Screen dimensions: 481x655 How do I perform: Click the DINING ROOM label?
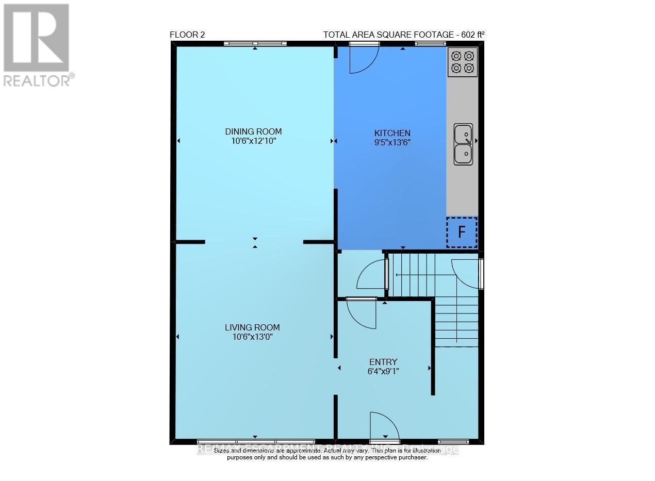tap(253, 131)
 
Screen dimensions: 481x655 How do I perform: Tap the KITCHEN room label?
tap(392, 133)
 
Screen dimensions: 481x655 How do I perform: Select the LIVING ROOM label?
tap(252, 327)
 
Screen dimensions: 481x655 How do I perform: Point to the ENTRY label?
tap(383, 362)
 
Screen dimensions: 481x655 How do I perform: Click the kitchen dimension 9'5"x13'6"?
tap(392, 142)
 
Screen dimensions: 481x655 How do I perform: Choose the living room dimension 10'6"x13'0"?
tap(252, 337)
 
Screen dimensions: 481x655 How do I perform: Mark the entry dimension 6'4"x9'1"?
tap(383, 370)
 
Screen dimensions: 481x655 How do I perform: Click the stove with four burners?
tap(463, 62)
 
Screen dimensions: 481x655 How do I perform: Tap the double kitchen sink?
tap(463, 144)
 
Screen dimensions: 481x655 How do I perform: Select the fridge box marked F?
tap(462, 233)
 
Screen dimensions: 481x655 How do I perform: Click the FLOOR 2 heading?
tap(188, 35)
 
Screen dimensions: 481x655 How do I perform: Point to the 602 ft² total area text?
tap(403, 35)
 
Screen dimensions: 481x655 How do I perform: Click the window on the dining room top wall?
tap(255, 44)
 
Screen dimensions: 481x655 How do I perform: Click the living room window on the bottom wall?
tap(256, 442)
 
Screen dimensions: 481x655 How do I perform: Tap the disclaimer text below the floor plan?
tap(327, 454)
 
